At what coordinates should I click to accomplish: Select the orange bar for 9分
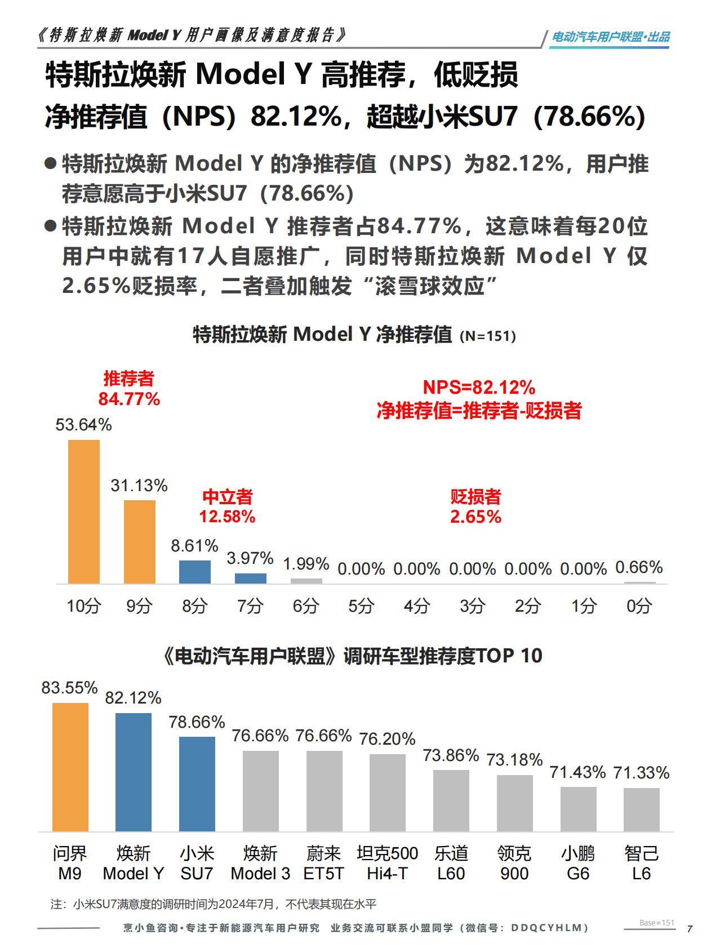[x=139, y=541]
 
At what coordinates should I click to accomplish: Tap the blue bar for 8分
[x=194, y=572]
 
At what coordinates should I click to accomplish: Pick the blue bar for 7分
[x=250, y=578]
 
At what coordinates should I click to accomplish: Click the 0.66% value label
[x=639, y=567]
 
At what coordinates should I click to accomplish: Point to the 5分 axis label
[x=361, y=606]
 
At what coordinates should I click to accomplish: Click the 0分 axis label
[x=639, y=606]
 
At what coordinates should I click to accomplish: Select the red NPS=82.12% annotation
[x=479, y=388]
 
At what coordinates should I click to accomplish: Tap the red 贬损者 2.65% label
[x=476, y=506]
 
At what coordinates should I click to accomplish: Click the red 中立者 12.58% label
[x=227, y=506]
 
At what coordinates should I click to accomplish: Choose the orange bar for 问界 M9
[x=70, y=767]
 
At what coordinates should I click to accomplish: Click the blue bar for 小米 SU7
[x=197, y=784]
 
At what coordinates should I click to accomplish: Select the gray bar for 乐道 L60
[x=451, y=800]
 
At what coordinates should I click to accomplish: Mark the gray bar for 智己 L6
[x=641, y=809]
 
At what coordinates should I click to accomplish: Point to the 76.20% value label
[x=387, y=739]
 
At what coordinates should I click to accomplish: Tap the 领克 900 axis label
[x=514, y=864]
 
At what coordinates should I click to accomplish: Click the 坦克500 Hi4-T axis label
[x=387, y=864]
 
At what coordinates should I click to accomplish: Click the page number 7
[x=690, y=929]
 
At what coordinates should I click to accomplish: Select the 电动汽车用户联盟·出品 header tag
[x=611, y=37]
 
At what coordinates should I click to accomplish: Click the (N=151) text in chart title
[x=488, y=336]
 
